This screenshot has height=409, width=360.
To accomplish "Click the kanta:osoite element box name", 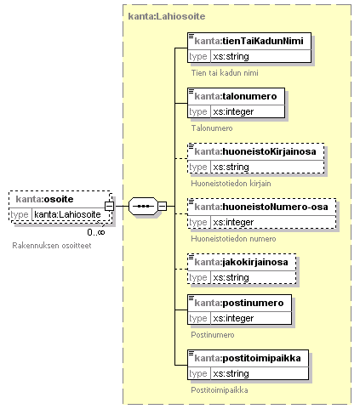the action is [44, 199].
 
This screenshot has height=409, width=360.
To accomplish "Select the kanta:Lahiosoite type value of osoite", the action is [67, 214].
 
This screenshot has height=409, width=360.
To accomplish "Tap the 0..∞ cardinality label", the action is [96, 232].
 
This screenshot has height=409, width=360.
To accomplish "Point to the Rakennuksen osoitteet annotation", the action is [52, 246].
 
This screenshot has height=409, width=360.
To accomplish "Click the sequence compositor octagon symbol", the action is [143, 206].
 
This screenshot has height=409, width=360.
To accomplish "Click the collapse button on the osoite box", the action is [109, 206].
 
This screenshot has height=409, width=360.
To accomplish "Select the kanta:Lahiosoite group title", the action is [167, 16].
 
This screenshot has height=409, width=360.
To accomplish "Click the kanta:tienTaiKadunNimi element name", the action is [249, 41].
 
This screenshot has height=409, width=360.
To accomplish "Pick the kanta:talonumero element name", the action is [236, 96].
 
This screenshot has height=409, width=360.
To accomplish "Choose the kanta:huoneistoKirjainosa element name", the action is [255, 151].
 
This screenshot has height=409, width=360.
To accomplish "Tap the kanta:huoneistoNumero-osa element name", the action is [261, 207].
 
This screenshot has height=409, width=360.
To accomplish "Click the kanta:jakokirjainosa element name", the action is [241, 262].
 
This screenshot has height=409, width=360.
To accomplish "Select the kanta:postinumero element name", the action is [239, 303].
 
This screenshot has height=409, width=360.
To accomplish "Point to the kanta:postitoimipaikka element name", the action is [248, 358].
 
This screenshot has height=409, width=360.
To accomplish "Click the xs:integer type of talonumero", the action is [233, 111].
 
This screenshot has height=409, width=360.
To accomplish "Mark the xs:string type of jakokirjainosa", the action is [231, 277].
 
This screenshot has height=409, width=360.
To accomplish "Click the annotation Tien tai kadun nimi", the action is [225, 73].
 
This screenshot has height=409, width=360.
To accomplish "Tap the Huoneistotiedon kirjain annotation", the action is [231, 184].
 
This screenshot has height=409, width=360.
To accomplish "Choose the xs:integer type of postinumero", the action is [233, 318].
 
